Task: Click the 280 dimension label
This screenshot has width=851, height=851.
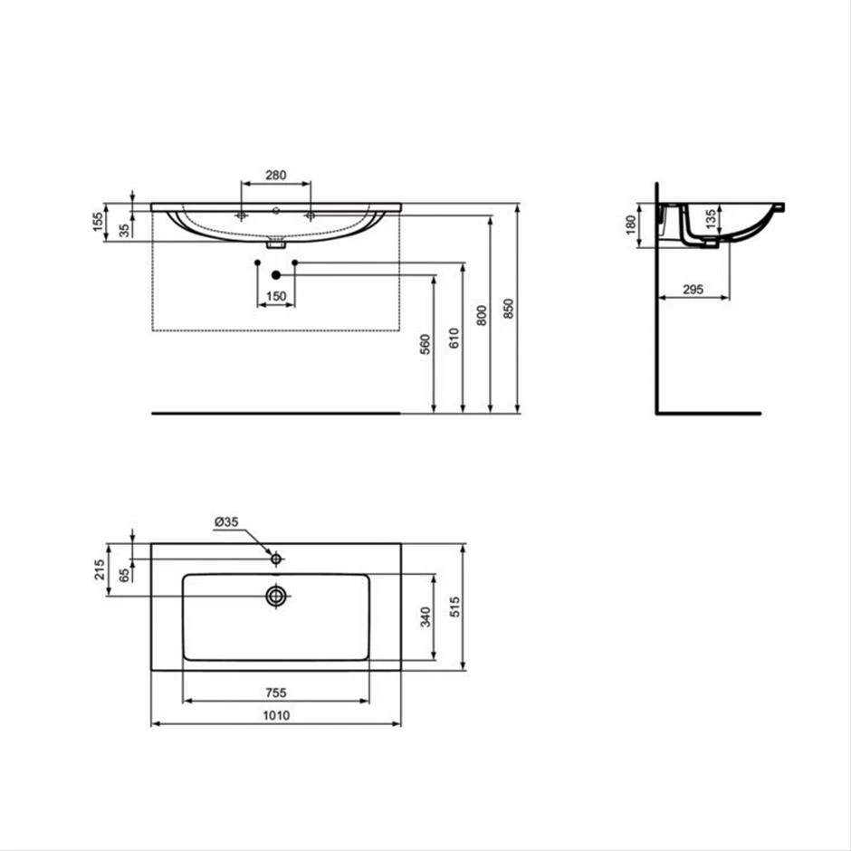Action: tap(275, 174)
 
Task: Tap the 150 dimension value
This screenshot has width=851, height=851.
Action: tap(275, 296)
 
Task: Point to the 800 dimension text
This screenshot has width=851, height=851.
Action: tap(482, 315)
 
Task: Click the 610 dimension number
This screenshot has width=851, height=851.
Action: tap(454, 339)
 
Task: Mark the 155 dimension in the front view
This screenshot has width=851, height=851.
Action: tap(100, 222)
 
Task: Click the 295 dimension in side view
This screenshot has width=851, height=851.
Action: tap(693, 289)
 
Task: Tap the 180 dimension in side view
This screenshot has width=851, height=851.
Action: tap(632, 225)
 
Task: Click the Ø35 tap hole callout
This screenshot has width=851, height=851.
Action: tap(226, 522)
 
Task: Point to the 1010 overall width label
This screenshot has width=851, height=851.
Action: tap(275, 715)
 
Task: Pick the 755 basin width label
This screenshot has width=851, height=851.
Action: tap(275, 693)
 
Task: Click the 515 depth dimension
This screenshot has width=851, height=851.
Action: tap(454, 607)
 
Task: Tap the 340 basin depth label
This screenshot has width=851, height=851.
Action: tap(426, 617)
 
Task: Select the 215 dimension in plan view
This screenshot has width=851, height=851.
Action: tap(100, 569)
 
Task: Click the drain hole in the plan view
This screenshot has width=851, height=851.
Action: tap(276, 595)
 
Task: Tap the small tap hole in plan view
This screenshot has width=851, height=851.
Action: tap(276, 559)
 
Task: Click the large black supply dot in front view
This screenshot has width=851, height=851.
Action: tap(276, 274)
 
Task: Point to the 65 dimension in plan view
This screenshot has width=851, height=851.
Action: tap(126, 574)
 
